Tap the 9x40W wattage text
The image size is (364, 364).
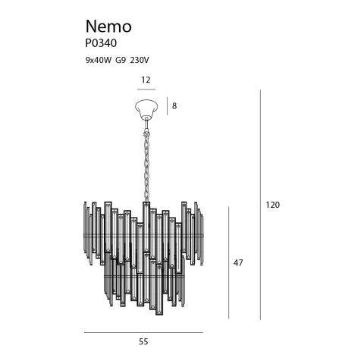pos(99,58)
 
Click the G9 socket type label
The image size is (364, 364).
pos(124,58)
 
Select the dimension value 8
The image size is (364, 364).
pos(174,106)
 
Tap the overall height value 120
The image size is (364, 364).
pos(273,205)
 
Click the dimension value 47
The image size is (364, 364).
pos(238,262)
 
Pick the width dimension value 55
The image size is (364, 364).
pos(143,342)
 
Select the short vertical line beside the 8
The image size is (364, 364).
pos(167,106)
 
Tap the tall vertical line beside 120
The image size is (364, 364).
pos(260,205)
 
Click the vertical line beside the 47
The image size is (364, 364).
pos(227,262)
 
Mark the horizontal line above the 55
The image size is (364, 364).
pos(143,332)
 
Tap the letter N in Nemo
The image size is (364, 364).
pos(89,27)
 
